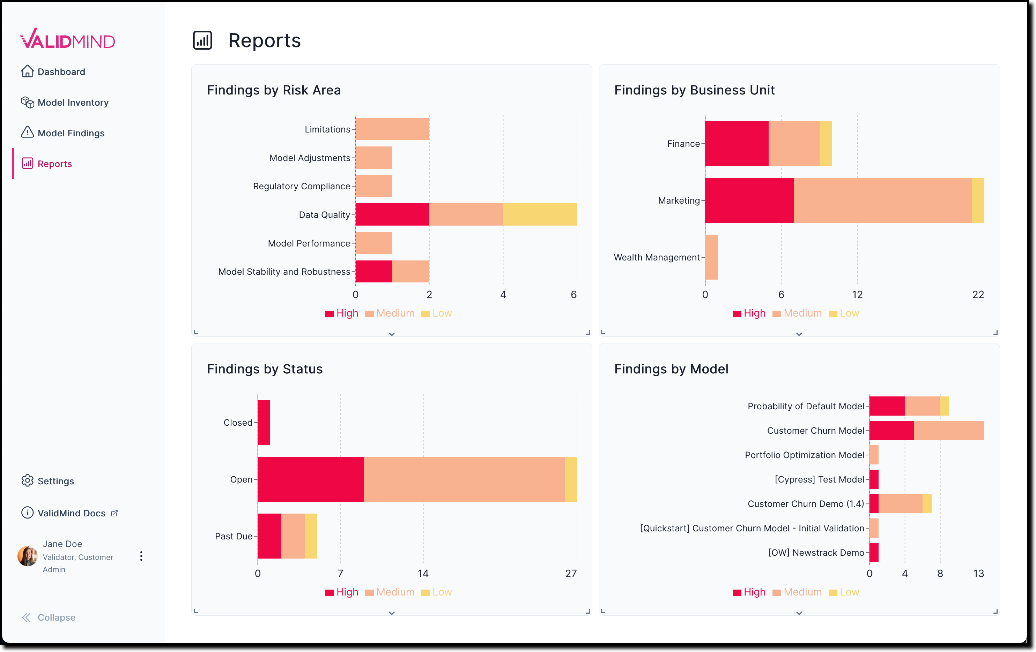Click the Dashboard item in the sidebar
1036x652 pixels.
(61, 72)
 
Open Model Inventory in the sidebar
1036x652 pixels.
(72, 102)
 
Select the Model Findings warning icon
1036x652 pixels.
(27, 132)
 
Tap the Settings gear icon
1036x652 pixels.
(27, 480)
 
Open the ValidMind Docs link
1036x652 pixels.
(72, 513)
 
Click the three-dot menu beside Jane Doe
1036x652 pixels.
(141, 556)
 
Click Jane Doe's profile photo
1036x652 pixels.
(27, 556)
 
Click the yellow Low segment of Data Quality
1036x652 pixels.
(540, 214)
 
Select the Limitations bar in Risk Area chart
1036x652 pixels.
(392, 129)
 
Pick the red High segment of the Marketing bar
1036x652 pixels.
(749, 200)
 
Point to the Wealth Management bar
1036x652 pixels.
(711, 257)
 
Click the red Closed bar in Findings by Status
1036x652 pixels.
(264, 423)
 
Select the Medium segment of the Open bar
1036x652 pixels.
(464, 479)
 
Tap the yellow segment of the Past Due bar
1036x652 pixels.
(311, 536)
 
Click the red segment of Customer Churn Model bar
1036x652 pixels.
(891, 430)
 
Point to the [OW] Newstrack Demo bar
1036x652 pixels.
(874, 552)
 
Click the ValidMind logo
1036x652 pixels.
(68, 39)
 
